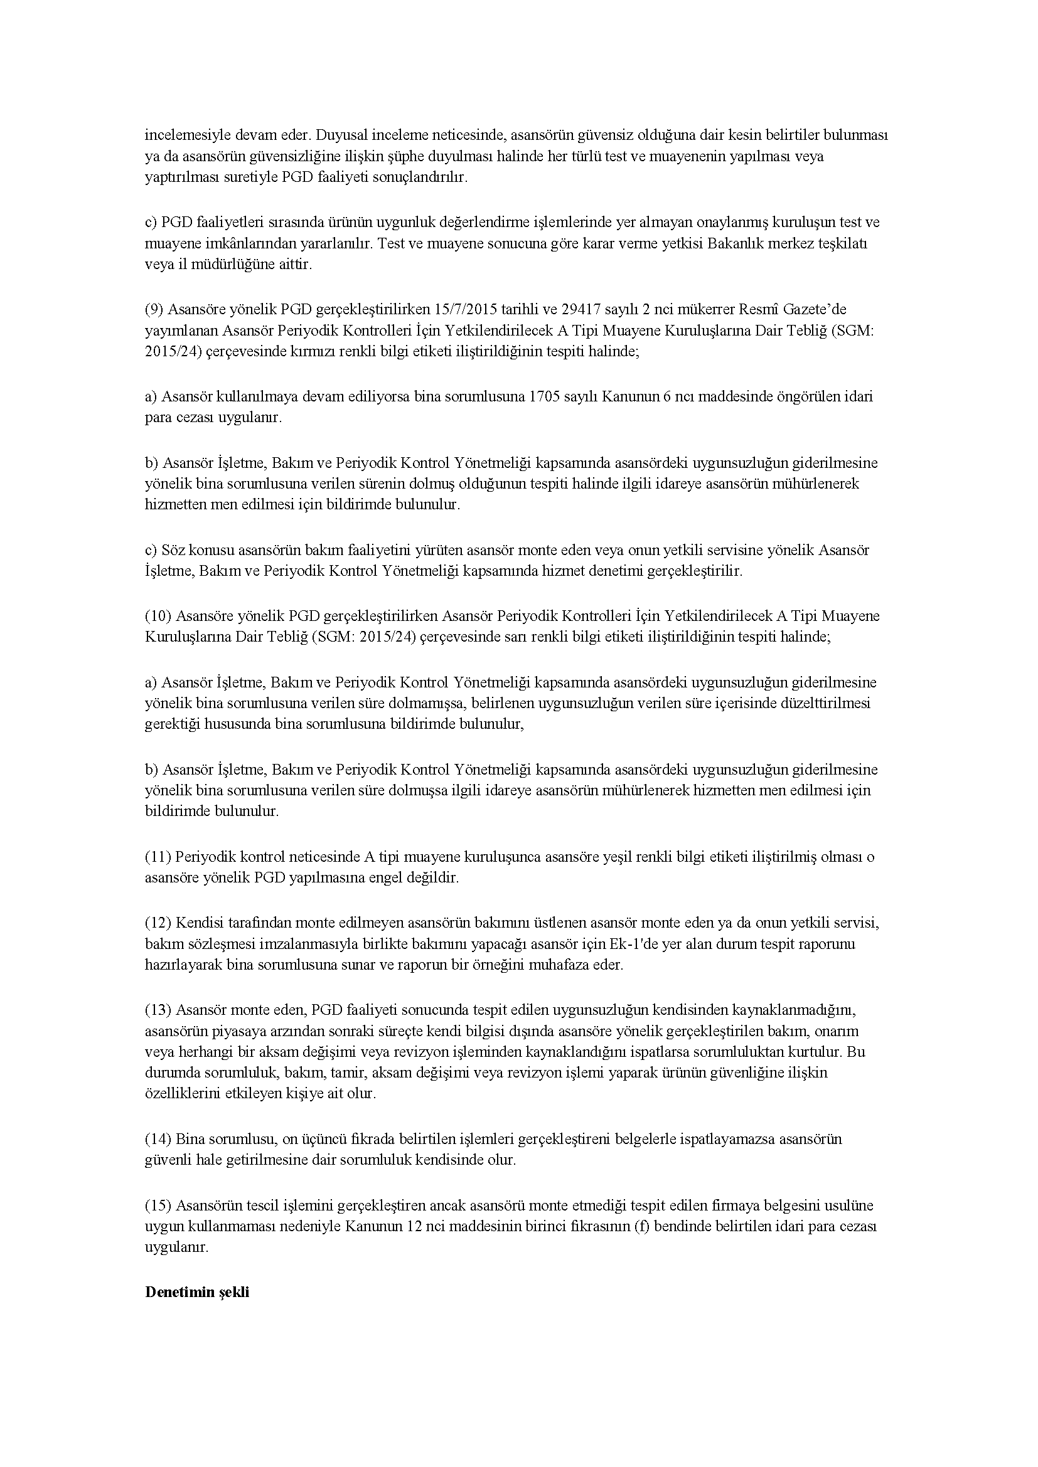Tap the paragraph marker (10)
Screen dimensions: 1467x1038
click(x=158, y=616)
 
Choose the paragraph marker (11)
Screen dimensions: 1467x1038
click(x=158, y=857)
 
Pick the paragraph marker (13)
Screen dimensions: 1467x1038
click(x=158, y=1010)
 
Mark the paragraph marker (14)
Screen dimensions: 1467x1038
click(x=158, y=1139)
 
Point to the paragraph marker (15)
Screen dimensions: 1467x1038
click(x=158, y=1205)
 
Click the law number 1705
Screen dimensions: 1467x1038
click(x=545, y=397)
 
